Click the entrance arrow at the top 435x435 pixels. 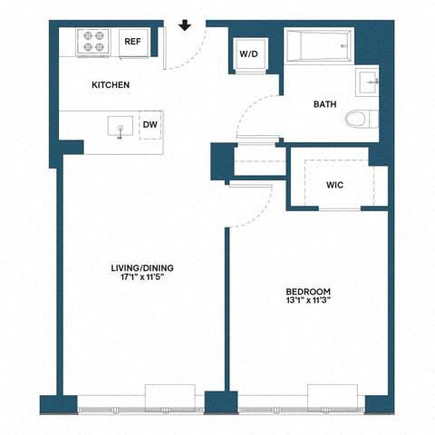(185, 24)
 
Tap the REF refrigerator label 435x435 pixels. (132, 42)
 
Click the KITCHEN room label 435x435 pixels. (111, 85)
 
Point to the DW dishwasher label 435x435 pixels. (150, 125)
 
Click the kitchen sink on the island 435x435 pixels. (118, 125)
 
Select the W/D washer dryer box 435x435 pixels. (248, 54)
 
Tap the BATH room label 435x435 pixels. (324, 104)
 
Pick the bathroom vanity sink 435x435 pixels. (371, 82)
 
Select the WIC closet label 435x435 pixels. (334, 185)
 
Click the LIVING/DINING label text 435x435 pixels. (141, 268)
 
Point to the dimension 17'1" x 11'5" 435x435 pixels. (141, 279)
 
